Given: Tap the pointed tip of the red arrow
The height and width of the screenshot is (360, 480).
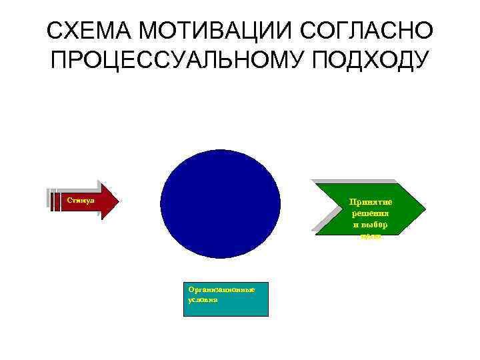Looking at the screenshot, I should [118, 199].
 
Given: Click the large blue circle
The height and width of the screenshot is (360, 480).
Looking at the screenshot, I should [221, 203].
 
